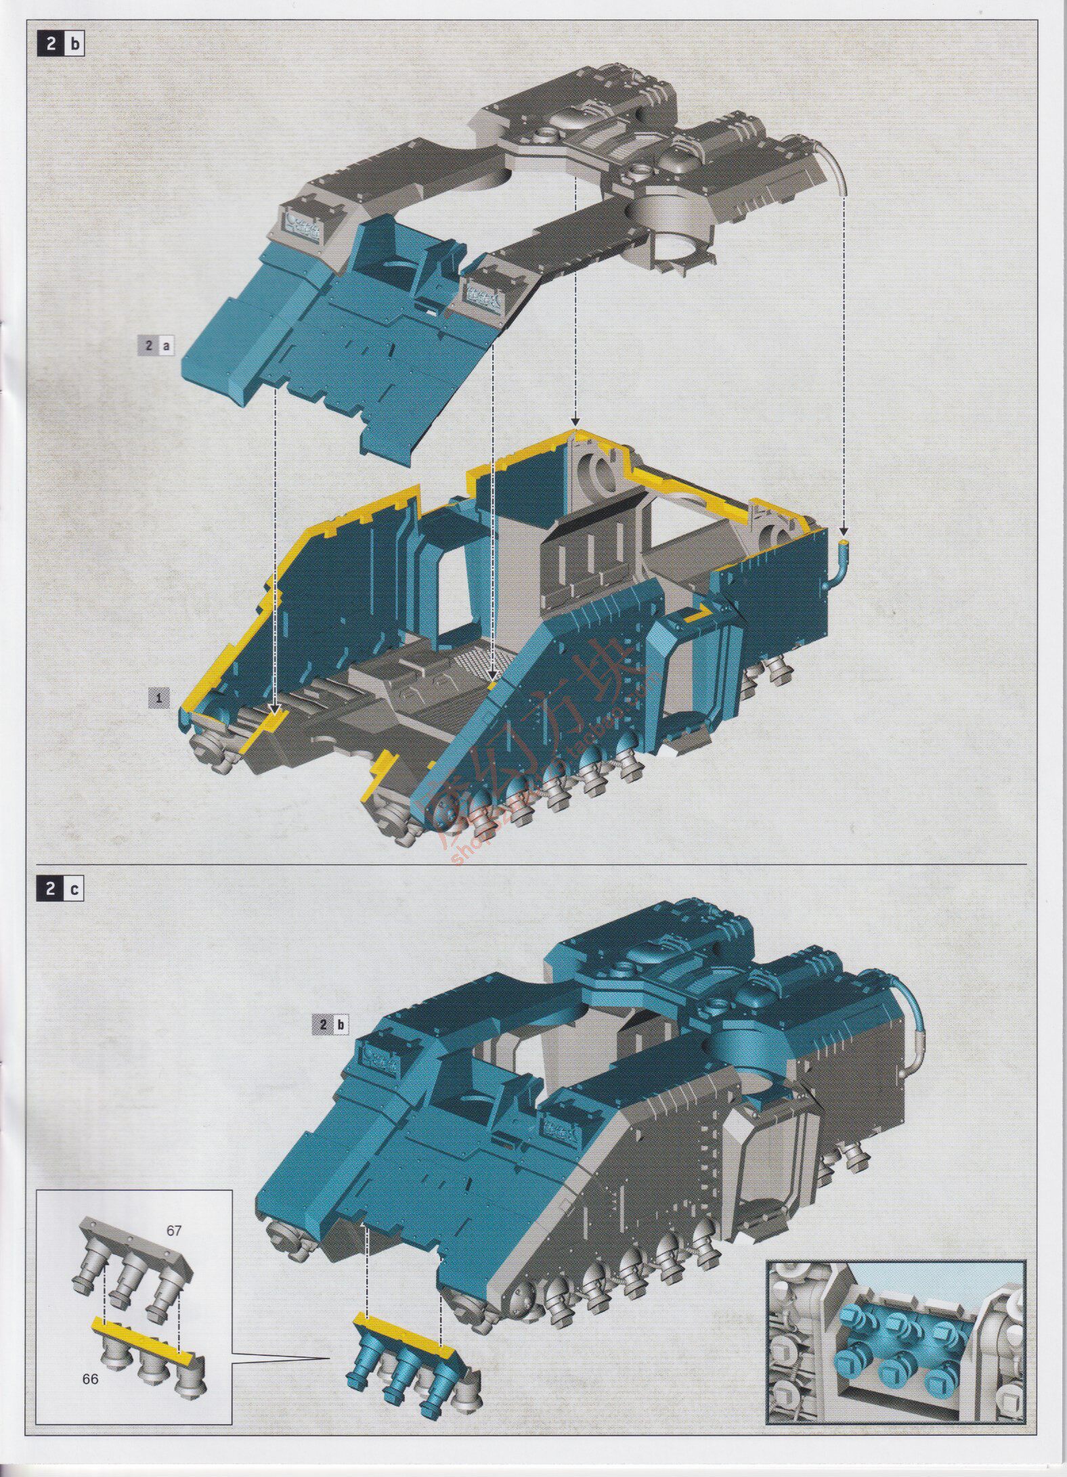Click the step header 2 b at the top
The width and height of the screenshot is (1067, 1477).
tap(63, 45)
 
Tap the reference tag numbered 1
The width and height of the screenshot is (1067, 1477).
tap(159, 698)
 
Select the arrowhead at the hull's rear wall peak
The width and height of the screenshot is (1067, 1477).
tap(575, 421)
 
